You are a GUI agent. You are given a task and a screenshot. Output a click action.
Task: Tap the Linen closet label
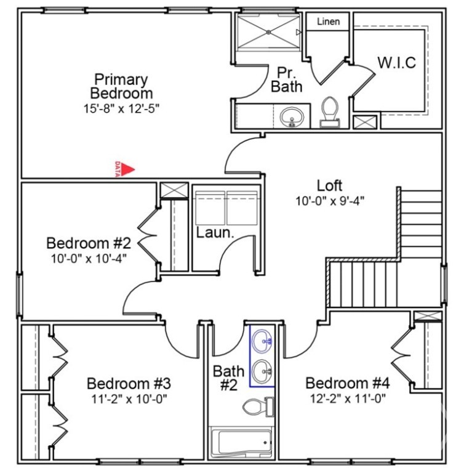(329, 22)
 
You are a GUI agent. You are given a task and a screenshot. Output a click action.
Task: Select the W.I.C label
(397, 62)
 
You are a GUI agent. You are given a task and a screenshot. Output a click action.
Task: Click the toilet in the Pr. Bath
(329, 112)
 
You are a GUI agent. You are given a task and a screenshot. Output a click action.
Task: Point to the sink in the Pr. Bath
(291, 116)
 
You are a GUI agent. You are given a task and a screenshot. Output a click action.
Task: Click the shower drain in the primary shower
(268, 32)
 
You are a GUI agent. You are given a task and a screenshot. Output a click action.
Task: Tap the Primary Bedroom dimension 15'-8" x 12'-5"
(121, 108)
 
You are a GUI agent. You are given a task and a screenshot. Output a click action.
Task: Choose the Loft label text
(329, 185)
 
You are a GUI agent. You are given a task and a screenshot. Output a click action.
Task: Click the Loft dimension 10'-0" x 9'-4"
(330, 201)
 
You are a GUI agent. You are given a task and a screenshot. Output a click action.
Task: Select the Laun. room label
(215, 233)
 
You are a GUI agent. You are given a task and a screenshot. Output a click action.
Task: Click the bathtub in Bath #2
(241, 443)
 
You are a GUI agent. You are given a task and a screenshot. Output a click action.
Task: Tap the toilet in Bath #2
(258, 407)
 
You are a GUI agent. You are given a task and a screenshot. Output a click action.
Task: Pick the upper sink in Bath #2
(262, 341)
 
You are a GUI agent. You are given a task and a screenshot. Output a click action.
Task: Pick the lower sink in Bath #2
(262, 371)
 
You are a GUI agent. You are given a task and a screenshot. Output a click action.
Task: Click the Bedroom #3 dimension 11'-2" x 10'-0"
(129, 399)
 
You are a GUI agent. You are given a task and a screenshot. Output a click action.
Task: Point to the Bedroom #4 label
(348, 383)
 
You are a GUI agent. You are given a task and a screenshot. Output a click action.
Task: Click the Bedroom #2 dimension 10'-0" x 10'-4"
(89, 259)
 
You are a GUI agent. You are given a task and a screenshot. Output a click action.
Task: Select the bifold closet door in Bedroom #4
(402, 355)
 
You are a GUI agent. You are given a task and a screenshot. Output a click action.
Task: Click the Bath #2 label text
(228, 378)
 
